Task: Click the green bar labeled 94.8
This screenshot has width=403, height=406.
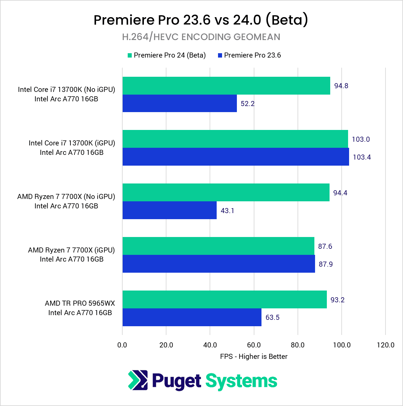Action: point(226,86)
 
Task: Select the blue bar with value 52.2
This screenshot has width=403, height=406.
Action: point(180,103)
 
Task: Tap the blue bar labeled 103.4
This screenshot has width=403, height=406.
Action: point(236,157)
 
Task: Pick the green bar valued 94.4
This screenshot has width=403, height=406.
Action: point(226,193)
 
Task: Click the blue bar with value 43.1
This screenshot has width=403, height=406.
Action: point(169,210)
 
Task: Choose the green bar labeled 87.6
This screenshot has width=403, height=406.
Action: point(218,246)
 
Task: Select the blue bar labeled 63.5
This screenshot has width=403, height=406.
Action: point(192,317)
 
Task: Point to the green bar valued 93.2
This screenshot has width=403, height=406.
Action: point(224,300)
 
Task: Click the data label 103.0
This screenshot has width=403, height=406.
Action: point(361,139)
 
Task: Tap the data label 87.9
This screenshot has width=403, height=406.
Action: point(325,264)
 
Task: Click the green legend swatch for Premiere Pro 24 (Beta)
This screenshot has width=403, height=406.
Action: point(130,56)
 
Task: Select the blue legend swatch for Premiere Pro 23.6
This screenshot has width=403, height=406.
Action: point(220,56)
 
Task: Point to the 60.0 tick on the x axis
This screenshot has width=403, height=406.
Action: point(254,345)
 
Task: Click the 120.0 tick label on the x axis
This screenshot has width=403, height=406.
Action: point(385,345)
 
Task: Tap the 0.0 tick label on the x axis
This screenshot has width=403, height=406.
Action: point(122,345)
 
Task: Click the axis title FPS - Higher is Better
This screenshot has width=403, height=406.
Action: point(254,357)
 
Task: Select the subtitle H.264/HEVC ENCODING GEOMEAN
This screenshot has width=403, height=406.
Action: point(201,37)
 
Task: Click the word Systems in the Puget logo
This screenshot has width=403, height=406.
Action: point(241,381)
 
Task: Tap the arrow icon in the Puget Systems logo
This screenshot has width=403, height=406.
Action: point(138,380)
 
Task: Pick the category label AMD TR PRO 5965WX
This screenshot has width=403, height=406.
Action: point(80,303)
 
